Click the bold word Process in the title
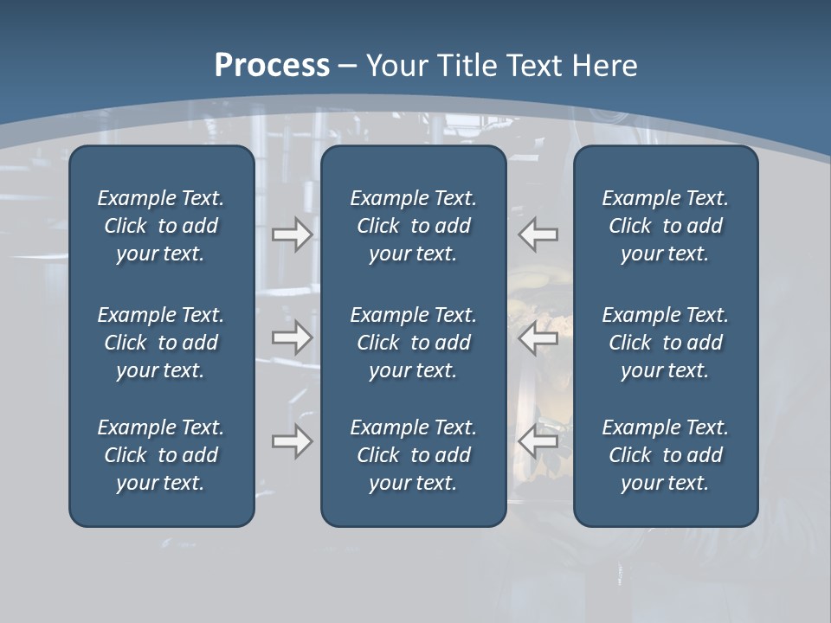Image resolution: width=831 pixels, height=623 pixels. [272, 66]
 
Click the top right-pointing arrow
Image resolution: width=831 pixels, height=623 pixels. [292, 234]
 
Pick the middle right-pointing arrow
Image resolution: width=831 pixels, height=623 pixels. [292, 337]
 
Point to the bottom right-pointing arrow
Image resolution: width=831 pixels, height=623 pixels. [292, 441]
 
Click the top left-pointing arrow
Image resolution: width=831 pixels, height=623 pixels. [538, 234]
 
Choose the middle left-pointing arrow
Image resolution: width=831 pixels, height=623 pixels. [538, 337]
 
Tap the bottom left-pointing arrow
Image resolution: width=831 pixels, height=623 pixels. [538, 441]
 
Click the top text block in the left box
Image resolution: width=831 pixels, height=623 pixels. [161, 226]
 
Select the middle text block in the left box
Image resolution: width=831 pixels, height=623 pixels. [161, 343]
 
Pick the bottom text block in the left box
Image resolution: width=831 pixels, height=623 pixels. [161, 455]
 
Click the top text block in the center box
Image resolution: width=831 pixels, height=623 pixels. [413, 226]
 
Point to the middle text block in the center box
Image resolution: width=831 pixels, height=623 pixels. [413, 343]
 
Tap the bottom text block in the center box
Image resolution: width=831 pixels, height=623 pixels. [413, 455]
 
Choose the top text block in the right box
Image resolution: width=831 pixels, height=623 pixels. [665, 226]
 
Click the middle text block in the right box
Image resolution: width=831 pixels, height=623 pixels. [665, 343]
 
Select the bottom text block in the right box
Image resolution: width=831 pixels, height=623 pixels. [665, 455]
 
